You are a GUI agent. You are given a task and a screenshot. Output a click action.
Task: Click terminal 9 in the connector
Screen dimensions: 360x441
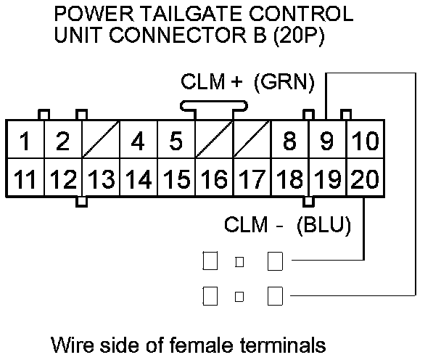point(327,141)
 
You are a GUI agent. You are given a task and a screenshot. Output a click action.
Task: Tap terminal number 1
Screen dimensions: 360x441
point(25,141)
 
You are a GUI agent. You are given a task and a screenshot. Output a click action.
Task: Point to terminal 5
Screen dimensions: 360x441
point(176,141)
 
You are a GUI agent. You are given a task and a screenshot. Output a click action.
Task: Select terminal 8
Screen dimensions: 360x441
point(289,141)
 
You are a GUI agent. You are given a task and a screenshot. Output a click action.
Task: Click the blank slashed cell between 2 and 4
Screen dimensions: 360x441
point(101,141)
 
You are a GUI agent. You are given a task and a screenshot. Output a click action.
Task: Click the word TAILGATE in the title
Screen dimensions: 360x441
point(186,15)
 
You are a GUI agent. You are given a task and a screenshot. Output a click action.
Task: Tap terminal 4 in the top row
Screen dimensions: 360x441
point(139,141)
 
